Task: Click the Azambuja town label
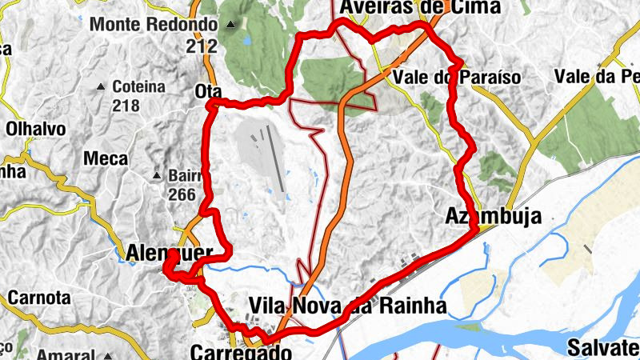pyautogui.click(x=493, y=216)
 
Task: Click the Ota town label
pyautogui.click(x=208, y=92)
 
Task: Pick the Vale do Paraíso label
pyautogui.click(x=458, y=78)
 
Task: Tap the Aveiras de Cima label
pyautogui.click(x=420, y=7)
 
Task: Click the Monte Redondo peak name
pyautogui.click(x=154, y=24)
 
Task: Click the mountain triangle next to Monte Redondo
pyautogui.click(x=232, y=24)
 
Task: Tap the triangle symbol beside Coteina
pyautogui.click(x=102, y=86)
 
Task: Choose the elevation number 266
pyautogui.click(x=183, y=194)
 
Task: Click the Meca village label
pyautogui.click(x=106, y=159)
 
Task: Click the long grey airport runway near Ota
pyautogui.click(x=276, y=160)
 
